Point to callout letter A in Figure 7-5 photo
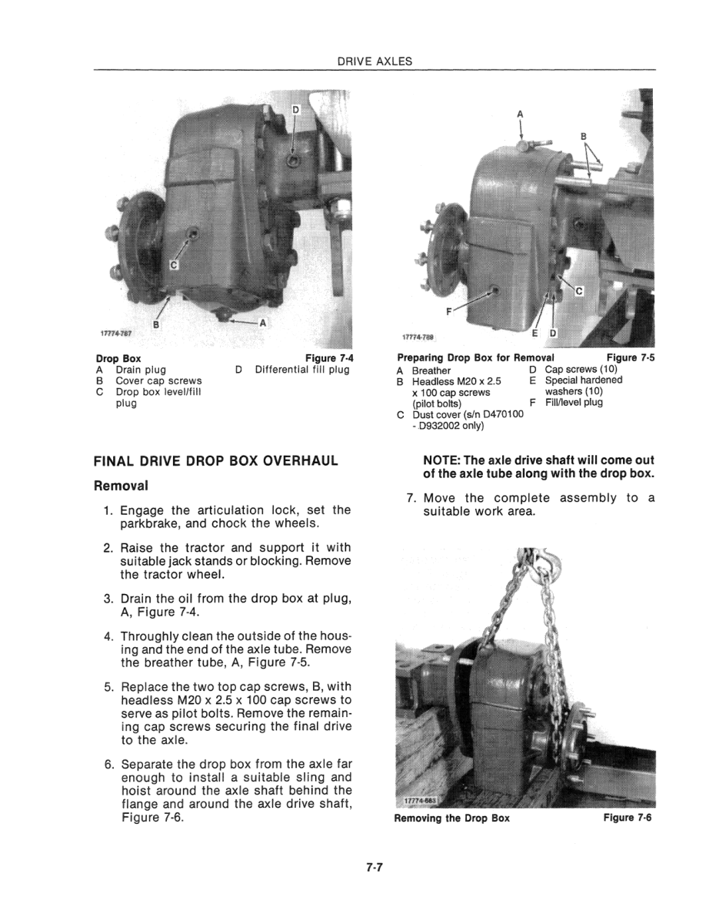(x=520, y=115)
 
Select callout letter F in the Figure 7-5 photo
(x=449, y=313)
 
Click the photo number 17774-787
(x=115, y=334)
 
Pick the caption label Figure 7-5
(x=630, y=357)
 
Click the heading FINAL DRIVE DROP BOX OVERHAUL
(x=216, y=461)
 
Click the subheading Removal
(x=120, y=486)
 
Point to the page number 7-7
(x=375, y=868)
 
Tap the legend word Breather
(x=431, y=370)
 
